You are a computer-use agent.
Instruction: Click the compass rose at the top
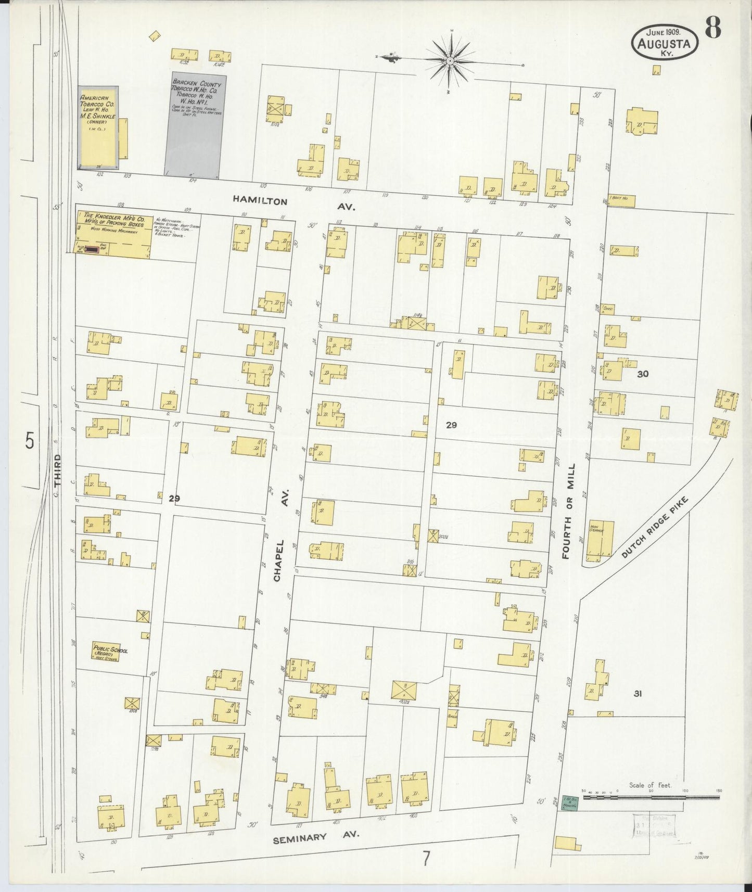pyautogui.click(x=450, y=61)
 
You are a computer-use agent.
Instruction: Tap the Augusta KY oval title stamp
pyautogui.click(x=665, y=44)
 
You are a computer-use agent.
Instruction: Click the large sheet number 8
pyautogui.click(x=713, y=29)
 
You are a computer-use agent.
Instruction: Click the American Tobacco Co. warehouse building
pyautogui.click(x=98, y=128)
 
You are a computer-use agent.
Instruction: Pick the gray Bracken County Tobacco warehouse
pyautogui.click(x=196, y=128)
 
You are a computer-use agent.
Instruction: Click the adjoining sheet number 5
pyautogui.click(x=30, y=441)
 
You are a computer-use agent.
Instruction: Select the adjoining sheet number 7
pyautogui.click(x=426, y=858)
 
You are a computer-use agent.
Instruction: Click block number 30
pyautogui.click(x=643, y=373)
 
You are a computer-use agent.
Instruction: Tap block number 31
pyautogui.click(x=638, y=693)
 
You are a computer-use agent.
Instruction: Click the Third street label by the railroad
pyautogui.click(x=58, y=470)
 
